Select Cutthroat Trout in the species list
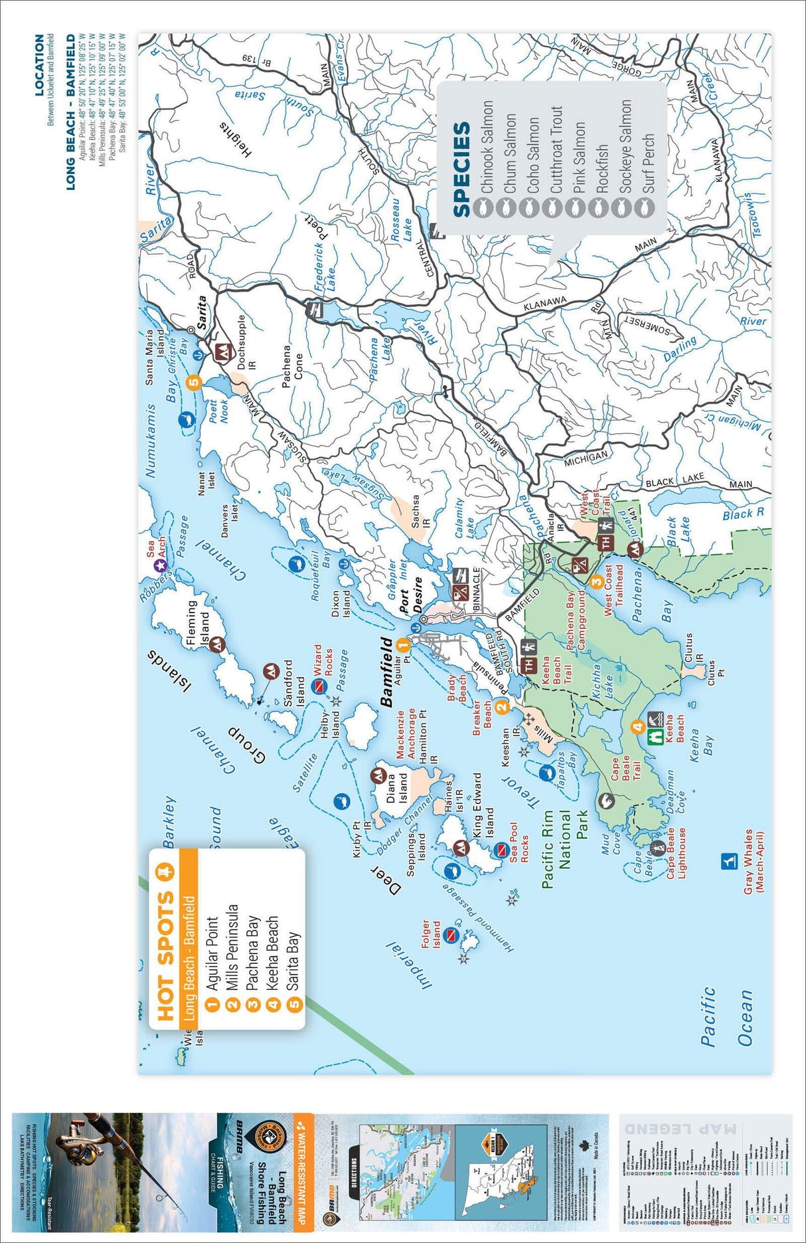coord(556,150)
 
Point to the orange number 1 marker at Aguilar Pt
coord(402,644)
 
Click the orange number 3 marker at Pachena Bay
coord(596,581)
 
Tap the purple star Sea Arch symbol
coord(159,565)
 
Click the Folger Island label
coord(431,934)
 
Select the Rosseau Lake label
coord(402,220)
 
